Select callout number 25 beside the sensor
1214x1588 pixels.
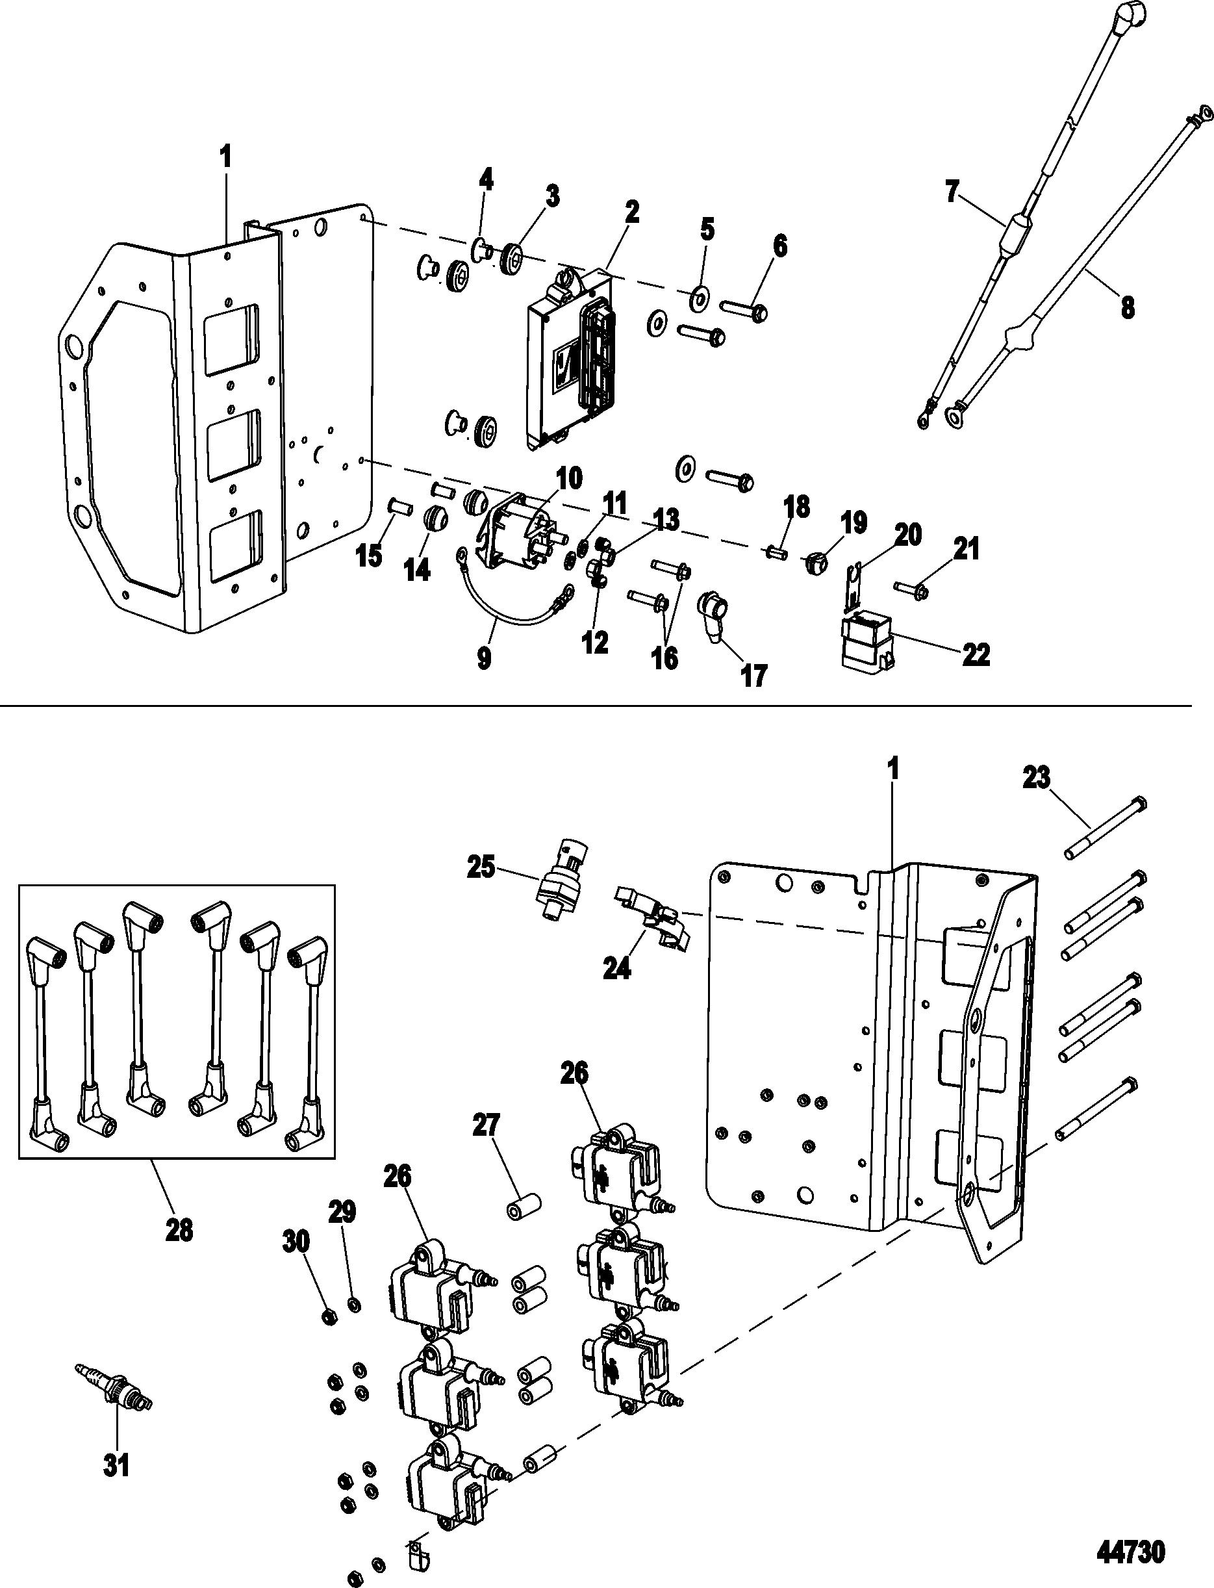click(481, 866)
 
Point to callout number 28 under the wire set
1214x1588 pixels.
click(179, 1229)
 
